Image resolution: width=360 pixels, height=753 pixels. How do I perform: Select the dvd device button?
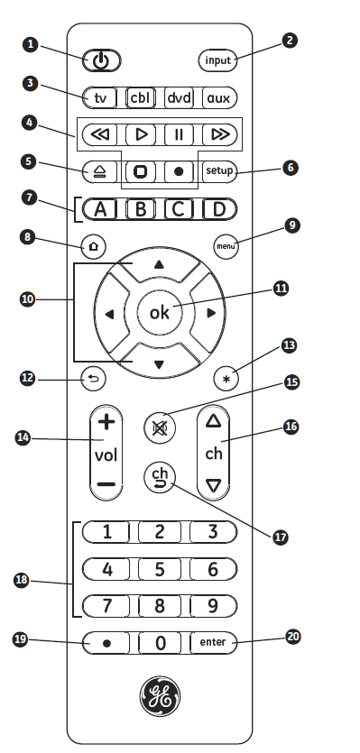point(179,97)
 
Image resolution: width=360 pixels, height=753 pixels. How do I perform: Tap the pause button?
point(179,135)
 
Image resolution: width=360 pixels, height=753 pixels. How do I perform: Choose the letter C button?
point(179,209)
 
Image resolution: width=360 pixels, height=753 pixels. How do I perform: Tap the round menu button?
point(225,246)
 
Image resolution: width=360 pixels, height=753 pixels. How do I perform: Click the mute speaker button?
point(159,425)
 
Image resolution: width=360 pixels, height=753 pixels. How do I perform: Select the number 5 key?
point(160,569)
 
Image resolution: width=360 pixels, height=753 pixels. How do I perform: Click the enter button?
point(215,642)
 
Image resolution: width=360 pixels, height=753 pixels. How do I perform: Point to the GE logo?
point(160,694)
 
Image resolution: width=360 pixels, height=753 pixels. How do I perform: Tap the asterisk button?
point(225,379)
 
